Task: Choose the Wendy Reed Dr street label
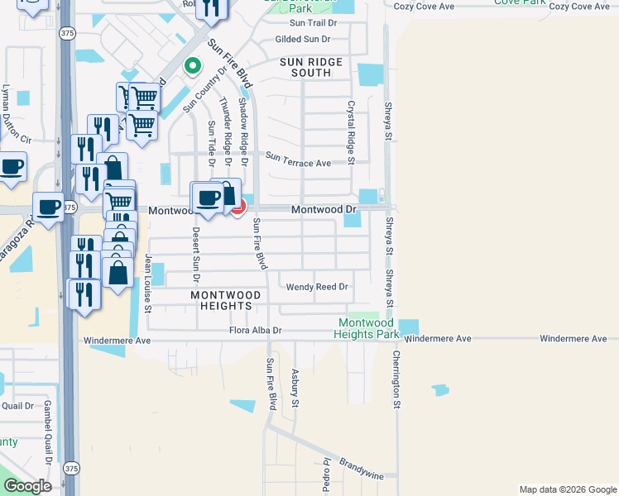[317, 288]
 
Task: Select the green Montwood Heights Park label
[367, 328]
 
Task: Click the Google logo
[26, 486]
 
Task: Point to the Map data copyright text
[568, 489]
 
